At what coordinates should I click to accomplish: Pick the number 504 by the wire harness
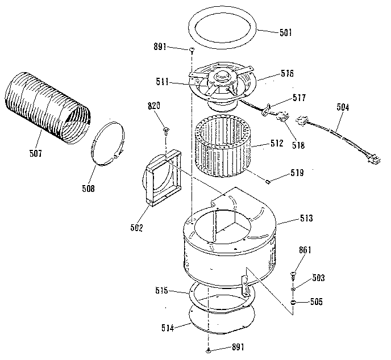click(343, 107)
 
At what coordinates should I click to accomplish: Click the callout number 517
click(299, 98)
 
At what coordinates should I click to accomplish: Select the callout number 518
click(297, 145)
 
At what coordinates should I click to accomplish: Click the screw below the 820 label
click(165, 130)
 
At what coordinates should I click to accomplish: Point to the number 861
click(305, 250)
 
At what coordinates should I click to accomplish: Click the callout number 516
click(287, 74)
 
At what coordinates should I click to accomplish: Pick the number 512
click(276, 144)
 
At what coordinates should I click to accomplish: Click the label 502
click(136, 228)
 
